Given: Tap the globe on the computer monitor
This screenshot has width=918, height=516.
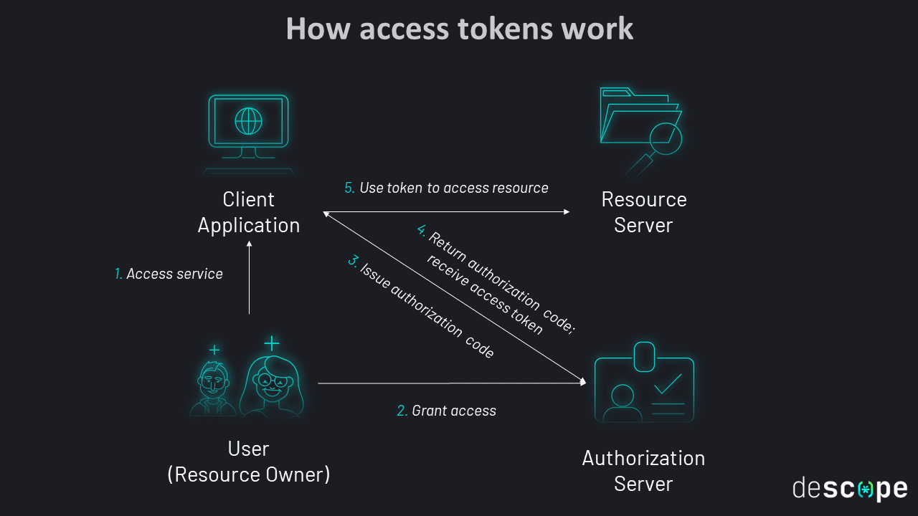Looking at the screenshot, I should click(249, 121).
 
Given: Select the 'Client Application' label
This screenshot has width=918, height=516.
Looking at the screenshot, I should click(249, 212).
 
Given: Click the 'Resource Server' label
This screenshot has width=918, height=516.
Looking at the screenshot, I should click(643, 212).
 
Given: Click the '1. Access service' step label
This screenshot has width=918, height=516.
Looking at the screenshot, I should click(169, 274).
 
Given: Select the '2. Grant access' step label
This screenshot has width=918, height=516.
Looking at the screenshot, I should click(446, 411).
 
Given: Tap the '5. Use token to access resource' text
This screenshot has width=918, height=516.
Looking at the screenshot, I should click(446, 188).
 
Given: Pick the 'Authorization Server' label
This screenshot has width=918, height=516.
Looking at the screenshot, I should click(643, 470).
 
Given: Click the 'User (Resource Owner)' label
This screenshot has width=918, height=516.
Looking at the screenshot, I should click(249, 461).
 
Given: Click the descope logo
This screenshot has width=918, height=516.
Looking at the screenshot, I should click(850, 489).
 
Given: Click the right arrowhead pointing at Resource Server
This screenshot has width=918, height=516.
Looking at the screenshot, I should click(566, 211).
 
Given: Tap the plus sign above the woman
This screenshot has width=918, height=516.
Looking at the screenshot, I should click(271, 343).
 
